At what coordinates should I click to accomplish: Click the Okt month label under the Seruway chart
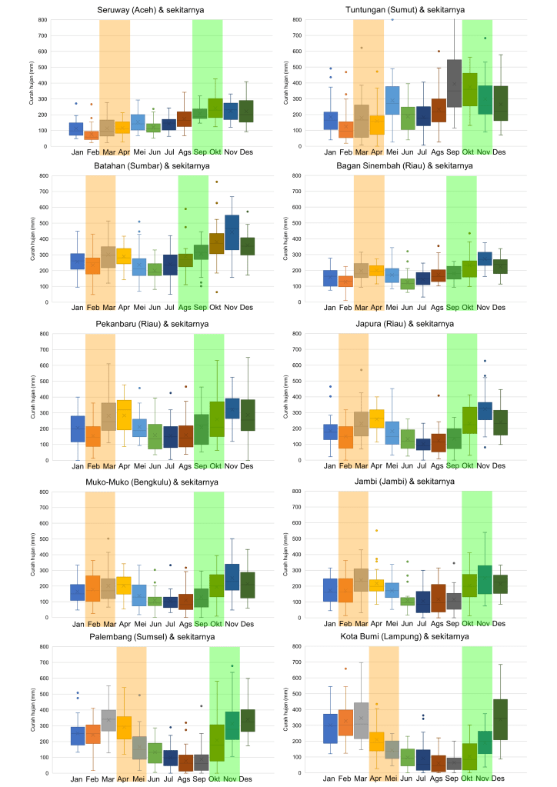pyautogui.click(x=215, y=152)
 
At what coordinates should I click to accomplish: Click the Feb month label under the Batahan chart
pyautogui.click(x=93, y=308)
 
